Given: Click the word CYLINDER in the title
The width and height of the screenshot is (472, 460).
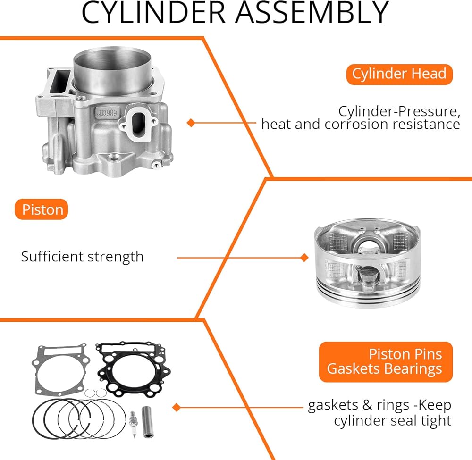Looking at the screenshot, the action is [x=153, y=13].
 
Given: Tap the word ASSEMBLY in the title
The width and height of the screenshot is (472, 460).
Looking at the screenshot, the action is [x=312, y=13].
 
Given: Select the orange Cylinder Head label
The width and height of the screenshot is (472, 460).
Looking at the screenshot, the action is [x=399, y=74].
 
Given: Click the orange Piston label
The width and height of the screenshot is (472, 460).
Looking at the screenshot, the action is [x=42, y=209].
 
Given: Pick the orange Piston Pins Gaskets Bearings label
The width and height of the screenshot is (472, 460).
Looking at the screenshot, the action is [x=386, y=361].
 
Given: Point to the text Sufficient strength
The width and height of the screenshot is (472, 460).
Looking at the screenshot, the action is [x=82, y=257].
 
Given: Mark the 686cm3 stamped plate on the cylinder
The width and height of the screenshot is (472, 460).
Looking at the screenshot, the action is [x=107, y=113].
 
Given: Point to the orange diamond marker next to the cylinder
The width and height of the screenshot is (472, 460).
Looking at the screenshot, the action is [x=191, y=123].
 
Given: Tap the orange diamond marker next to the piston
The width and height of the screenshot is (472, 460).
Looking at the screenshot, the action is [x=304, y=258].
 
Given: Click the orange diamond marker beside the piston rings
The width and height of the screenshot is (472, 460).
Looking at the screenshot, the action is [x=177, y=408].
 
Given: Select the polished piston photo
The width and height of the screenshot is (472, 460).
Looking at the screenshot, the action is [x=367, y=263].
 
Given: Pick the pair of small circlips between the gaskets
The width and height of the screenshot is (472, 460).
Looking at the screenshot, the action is [x=95, y=393].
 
